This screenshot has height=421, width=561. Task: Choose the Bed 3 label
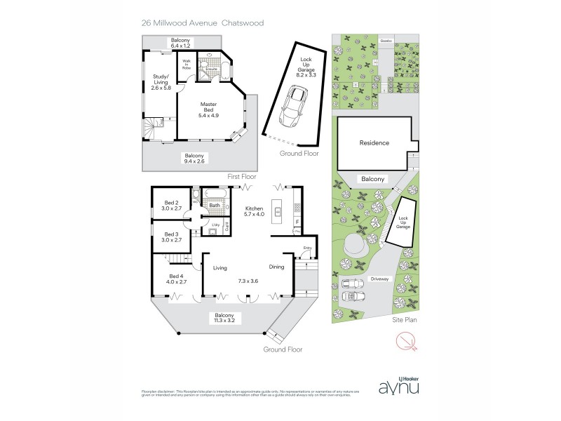pos(171,236)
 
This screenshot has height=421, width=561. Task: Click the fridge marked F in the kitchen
pos(297,221)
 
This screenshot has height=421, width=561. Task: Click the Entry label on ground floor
pos(307,248)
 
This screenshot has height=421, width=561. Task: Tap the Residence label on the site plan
pos(374,143)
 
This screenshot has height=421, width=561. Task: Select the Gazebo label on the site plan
pos(385,41)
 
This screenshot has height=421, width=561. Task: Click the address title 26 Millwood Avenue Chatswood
pos(202,22)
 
